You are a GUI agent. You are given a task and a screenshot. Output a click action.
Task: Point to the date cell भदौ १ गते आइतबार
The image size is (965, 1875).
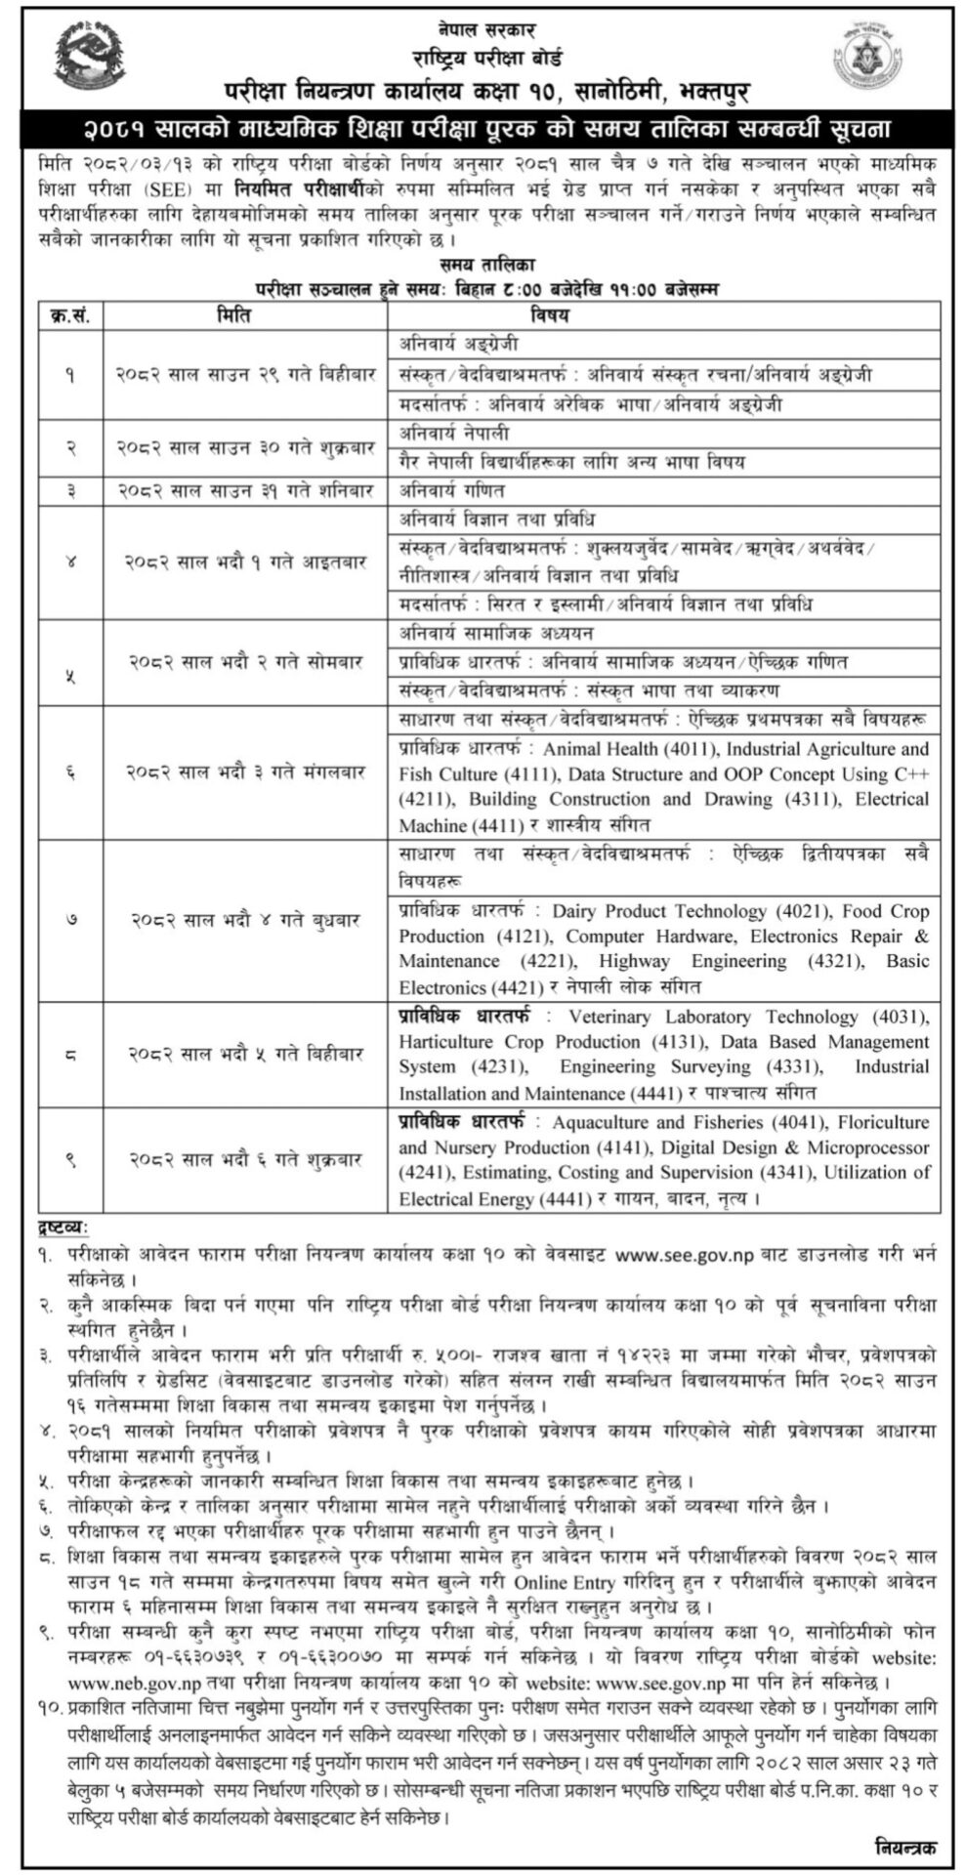(x=245, y=562)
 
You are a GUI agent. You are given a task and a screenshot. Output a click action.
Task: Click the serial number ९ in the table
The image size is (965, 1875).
(x=70, y=1160)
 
